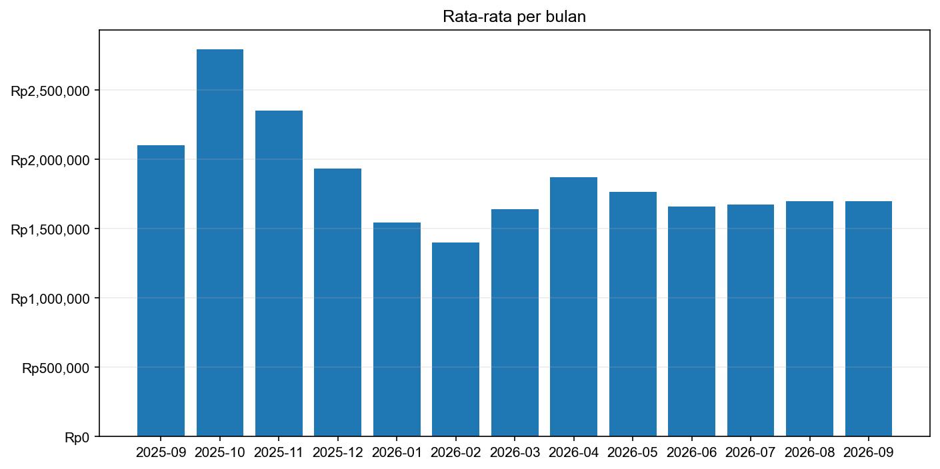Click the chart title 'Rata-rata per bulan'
[514, 17]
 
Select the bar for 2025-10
[220, 242]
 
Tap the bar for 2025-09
[161, 290]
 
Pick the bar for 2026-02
[455, 339]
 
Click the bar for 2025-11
[279, 273]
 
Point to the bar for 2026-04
[573, 306]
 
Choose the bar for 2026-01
[397, 329]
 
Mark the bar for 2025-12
[337, 302]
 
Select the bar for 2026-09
[868, 318]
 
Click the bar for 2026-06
[691, 321]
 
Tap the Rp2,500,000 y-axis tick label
[50, 91]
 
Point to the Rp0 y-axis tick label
[77, 437]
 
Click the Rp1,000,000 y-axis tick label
[50, 298]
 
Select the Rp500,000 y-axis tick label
[55, 368]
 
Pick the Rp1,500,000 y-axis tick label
[50, 229]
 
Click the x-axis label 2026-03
[515, 453]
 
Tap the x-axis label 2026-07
[750, 453]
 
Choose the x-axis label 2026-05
[633, 453]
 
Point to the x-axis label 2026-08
[809, 453]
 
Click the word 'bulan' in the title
[567, 17]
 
